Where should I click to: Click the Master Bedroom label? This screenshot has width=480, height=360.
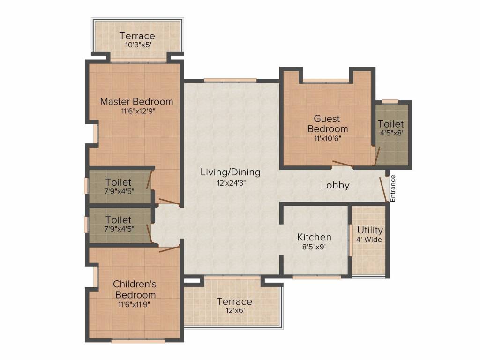click(x=136, y=101)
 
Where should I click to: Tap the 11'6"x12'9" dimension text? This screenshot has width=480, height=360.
click(x=136, y=112)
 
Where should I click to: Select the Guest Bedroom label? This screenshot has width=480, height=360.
click(x=328, y=124)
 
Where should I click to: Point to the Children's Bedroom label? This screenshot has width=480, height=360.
click(x=135, y=289)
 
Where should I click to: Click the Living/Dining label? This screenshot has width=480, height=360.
click(x=230, y=172)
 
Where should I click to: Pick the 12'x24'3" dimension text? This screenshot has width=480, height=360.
click(x=230, y=183)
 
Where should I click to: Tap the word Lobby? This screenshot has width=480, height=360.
click(x=335, y=185)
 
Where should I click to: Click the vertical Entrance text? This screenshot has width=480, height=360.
click(x=393, y=188)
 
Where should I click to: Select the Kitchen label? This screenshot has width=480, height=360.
click(x=315, y=237)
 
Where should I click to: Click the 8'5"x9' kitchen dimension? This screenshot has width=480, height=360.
click(x=315, y=247)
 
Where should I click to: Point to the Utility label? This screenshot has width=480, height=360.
click(x=370, y=231)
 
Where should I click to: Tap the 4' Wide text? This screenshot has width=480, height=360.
click(x=370, y=240)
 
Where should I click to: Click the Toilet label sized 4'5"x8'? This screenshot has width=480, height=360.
click(x=390, y=124)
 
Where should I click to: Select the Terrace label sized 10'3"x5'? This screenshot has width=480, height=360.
click(x=137, y=36)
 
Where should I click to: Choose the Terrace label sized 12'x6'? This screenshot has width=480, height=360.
click(x=234, y=301)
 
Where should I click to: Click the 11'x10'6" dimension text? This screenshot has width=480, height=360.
click(x=328, y=139)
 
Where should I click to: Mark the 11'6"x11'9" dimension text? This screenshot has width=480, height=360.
click(x=135, y=304)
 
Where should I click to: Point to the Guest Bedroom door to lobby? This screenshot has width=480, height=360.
click(x=343, y=164)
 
